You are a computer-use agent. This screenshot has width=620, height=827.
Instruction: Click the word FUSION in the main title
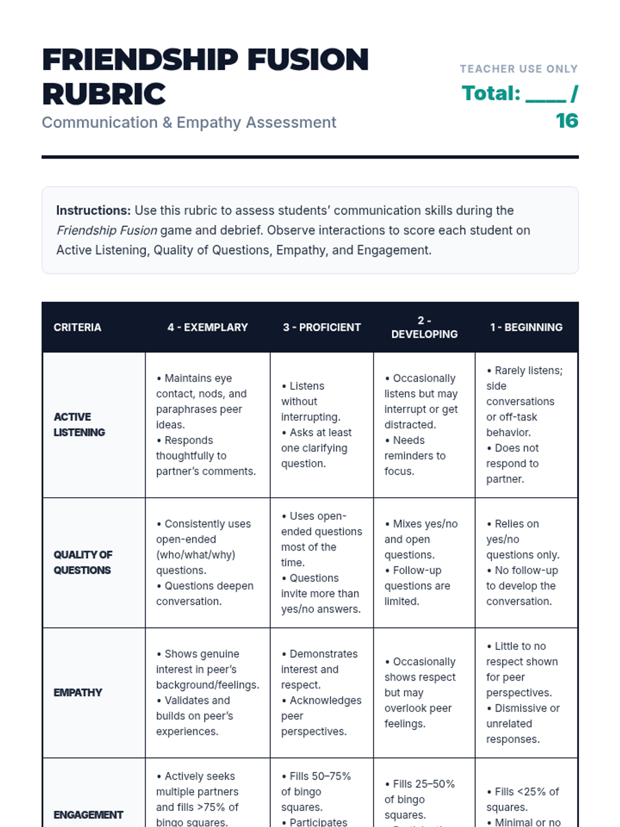308,59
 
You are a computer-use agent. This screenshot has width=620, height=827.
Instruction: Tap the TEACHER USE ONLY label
519,69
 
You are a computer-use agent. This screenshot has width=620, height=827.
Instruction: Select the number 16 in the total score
567,121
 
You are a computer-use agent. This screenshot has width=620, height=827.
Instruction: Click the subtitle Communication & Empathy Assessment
189,122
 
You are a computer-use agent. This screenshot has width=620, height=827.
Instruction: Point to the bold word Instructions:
94,210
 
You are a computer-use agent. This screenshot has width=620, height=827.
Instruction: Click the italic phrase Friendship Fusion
107,230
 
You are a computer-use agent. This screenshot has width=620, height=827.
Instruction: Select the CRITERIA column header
78,327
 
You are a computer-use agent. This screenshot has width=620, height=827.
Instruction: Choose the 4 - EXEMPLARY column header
208,327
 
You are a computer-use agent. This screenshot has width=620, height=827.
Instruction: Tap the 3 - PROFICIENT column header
321,327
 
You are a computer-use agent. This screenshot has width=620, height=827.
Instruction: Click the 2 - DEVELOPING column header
424,327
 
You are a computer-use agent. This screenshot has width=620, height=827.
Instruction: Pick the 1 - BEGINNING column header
526,327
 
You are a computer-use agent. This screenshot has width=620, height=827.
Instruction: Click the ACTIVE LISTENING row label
80,424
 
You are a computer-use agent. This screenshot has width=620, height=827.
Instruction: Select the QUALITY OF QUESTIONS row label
83,562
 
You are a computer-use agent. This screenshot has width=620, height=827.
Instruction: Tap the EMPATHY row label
78,693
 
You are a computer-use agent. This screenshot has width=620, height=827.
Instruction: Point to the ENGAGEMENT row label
88,815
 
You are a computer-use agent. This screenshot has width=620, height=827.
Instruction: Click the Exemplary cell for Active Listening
207,424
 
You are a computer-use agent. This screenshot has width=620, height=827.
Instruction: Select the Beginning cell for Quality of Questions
523,562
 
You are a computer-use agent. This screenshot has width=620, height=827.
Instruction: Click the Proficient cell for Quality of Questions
321,562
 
